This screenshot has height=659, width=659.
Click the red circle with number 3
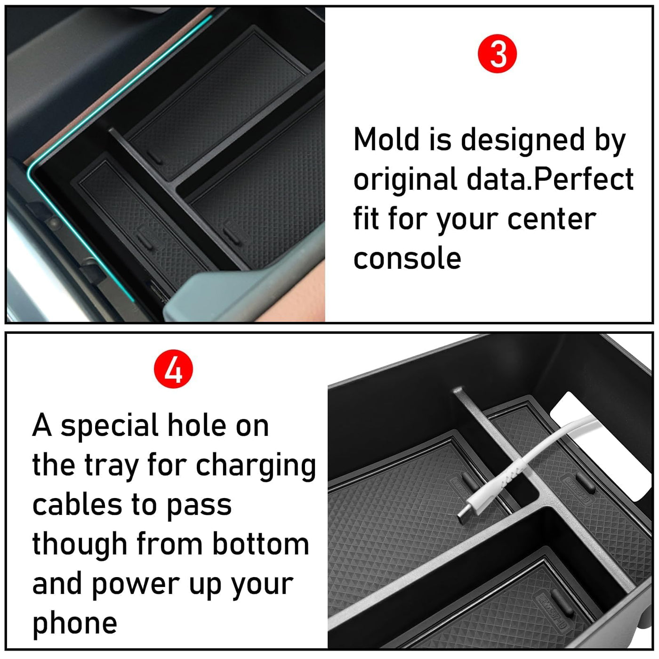click(498, 54)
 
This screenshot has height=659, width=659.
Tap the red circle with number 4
click(173, 369)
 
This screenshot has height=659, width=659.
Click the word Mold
click(386, 139)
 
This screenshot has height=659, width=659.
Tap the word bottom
click(261, 544)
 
